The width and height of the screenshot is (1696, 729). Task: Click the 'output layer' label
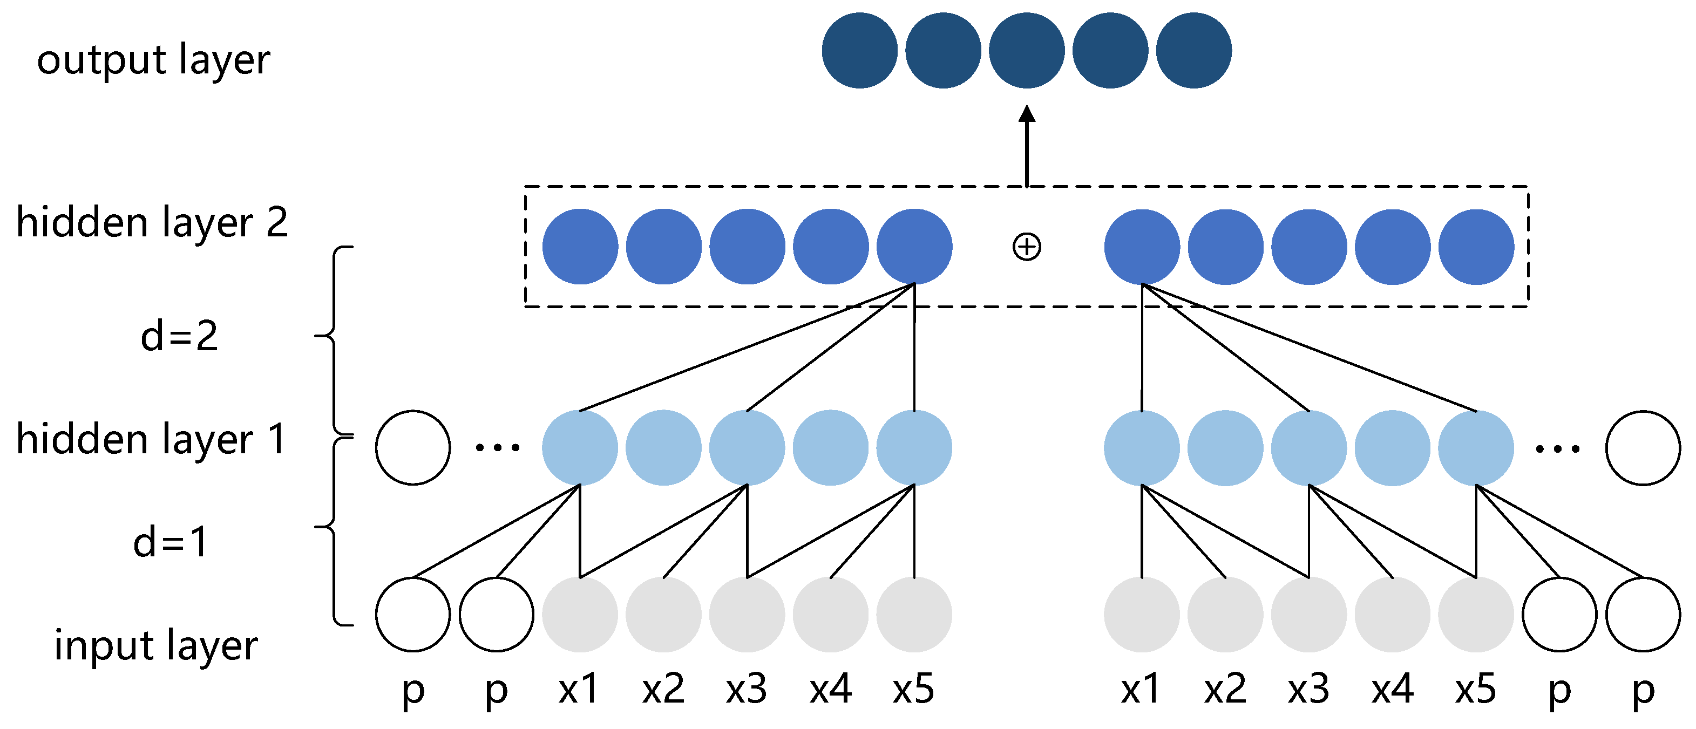point(153,60)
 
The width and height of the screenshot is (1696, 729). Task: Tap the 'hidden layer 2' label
point(152,222)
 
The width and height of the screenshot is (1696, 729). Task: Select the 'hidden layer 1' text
point(152,439)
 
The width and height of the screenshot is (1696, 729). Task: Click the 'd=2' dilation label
point(179,337)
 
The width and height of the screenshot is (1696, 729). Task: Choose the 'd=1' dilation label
point(171,543)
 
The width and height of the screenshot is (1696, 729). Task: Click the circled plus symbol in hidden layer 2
point(1027,247)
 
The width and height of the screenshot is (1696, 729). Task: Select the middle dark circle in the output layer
point(1027,51)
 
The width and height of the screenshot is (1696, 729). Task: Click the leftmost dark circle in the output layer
point(859,51)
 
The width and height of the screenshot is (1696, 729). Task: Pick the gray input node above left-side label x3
point(747,615)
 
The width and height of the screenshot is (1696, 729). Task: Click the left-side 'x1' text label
point(579,690)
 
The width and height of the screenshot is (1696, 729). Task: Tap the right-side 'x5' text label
point(1475,690)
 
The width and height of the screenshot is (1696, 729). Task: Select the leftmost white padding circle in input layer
point(413,615)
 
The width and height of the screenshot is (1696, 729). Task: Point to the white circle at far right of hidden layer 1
point(1643,448)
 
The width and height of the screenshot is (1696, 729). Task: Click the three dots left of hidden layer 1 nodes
point(498,448)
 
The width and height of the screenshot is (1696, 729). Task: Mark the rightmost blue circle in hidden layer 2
point(1476,247)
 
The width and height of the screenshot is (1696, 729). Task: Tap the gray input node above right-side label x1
point(1142,615)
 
